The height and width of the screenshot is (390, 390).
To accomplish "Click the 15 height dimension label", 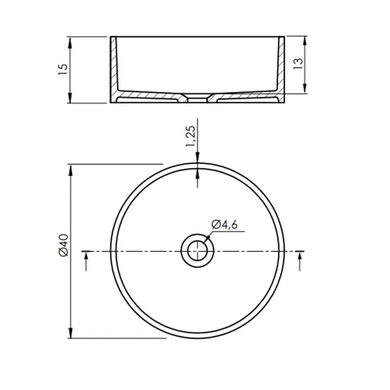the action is tap(63, 70).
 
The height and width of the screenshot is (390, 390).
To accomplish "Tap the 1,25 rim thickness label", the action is tap(191, 137).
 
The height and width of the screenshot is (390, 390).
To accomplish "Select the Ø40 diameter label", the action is tap(64, 245).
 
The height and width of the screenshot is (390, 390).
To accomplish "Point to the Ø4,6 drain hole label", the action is tap(225, 224).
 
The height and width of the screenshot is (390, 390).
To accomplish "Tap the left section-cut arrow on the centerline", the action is tap(86, 261).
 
